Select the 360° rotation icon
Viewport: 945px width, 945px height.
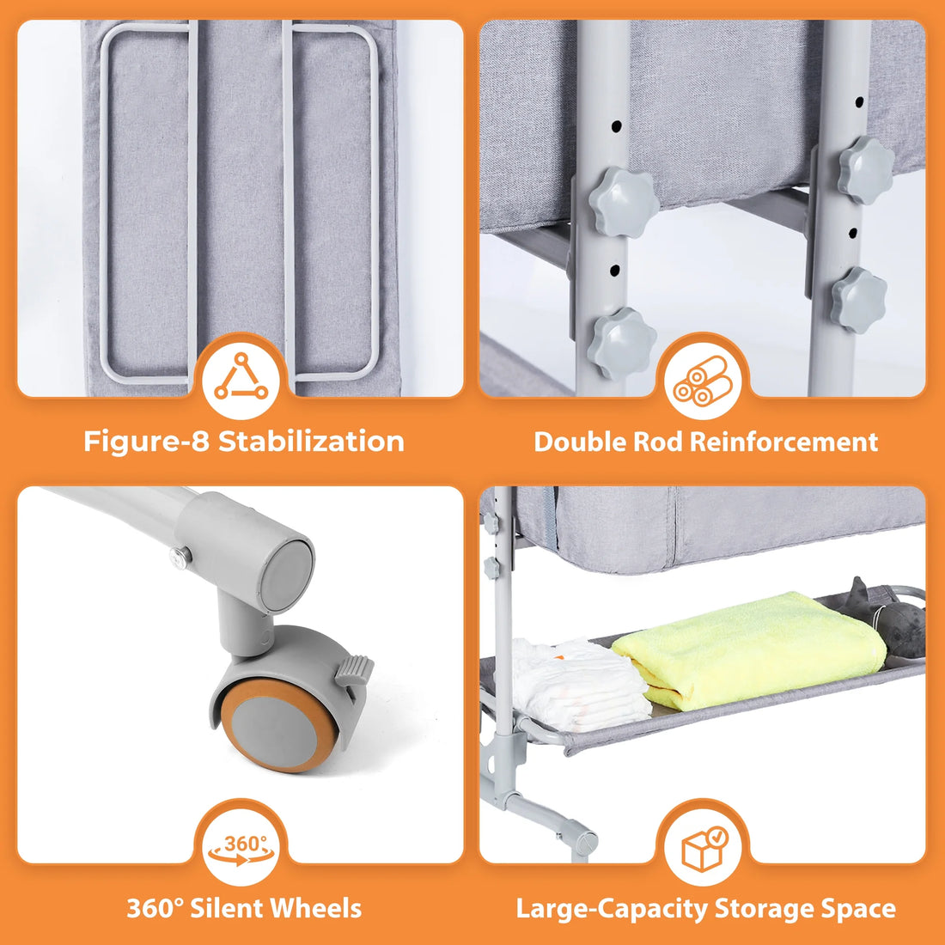[x=241, y=845]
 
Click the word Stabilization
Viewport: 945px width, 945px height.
[x=311, y=442]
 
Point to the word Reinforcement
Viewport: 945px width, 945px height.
[x=783, y=442]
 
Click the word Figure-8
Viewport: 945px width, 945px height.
[x=147, y=442]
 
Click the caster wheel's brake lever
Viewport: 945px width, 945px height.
[x=354, y=669]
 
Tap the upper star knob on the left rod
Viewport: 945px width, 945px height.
[x=624, y=201]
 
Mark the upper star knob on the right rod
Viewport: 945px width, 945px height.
[x=866, y=169]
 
